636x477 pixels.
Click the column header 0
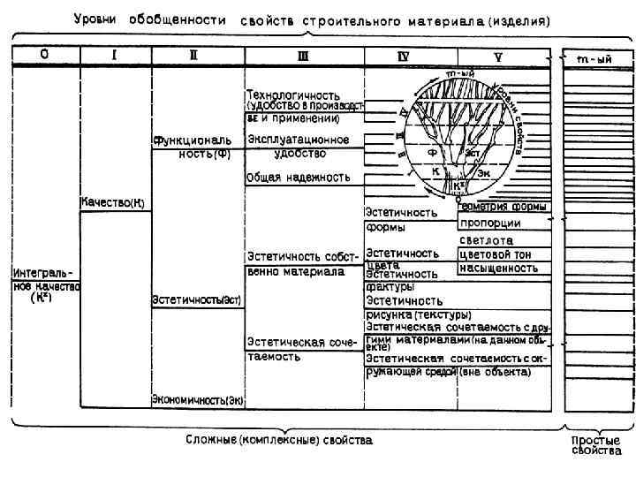(x=44, y=55)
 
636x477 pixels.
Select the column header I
(x=115, y=55)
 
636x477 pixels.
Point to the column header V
(x=500, y=57)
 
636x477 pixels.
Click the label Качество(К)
(x=113, y=203)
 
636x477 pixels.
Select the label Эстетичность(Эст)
(x=197, y=299)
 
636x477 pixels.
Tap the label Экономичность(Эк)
(x=198, y=400)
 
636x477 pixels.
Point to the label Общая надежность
(x=299, y=178)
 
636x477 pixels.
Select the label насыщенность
(x=498, y=267)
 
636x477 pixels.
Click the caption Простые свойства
(x=595, y=444)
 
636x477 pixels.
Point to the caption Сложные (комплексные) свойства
(x=279, y=439)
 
